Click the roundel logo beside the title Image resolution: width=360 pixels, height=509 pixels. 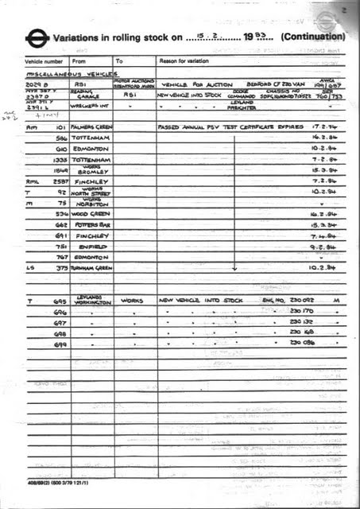click(36, 37)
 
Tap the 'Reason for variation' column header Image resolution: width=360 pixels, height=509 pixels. click(185, 60)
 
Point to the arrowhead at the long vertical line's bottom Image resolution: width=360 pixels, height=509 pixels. click(234, 268)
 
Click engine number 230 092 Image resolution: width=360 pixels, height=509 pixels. click(303, 301)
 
